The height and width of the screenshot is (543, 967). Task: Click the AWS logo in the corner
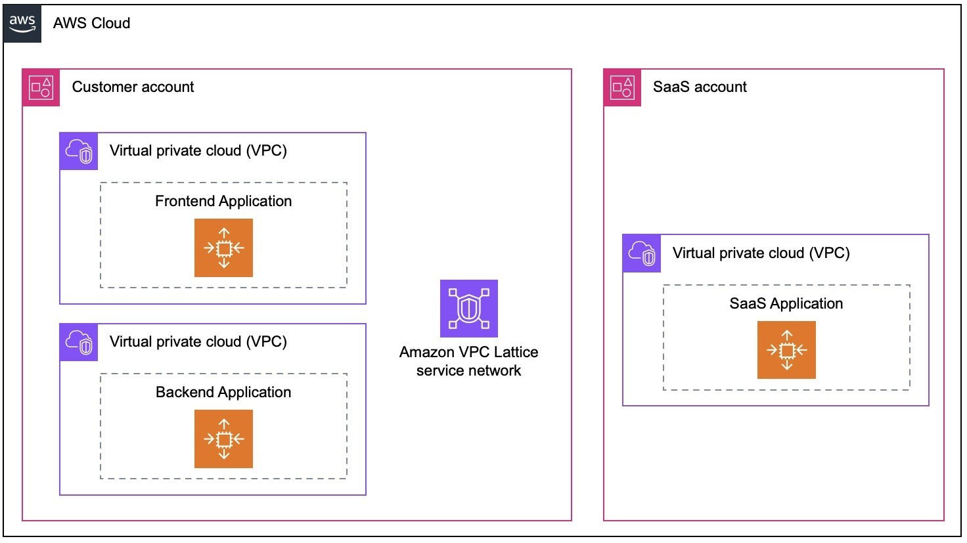coord(22,24)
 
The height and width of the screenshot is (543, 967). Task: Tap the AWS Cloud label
coord(91,23)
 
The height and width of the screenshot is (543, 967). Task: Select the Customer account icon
coord(41,87)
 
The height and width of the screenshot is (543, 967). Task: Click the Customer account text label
coord(133,87)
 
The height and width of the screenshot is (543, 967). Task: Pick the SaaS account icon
coord(622,87)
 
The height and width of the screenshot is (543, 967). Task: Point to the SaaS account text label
coord(700,87)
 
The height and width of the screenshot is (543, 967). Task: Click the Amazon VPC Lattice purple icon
coord(469,309)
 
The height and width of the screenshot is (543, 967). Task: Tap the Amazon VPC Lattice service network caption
coord(469,361)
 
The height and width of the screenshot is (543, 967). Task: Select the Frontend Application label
coord(223,201)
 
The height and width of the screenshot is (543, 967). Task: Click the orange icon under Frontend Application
coord(223,248)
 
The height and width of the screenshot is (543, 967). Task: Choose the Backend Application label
coord(223,392)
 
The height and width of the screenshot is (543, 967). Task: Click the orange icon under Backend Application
coord(223,439)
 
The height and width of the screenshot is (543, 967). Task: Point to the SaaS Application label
coord(786,303)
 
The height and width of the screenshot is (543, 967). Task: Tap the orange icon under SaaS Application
coord(786,350)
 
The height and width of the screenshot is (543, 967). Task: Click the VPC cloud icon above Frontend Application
coord(79,152)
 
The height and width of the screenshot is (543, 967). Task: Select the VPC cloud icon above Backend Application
coord(79,342)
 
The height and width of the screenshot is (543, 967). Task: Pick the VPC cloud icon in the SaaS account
coord(642,253)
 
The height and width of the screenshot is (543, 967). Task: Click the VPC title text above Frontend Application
coord(198,150)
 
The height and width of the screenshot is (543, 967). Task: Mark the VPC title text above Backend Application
coord(198,341)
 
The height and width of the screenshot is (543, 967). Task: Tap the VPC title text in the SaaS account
coord(761,253)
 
